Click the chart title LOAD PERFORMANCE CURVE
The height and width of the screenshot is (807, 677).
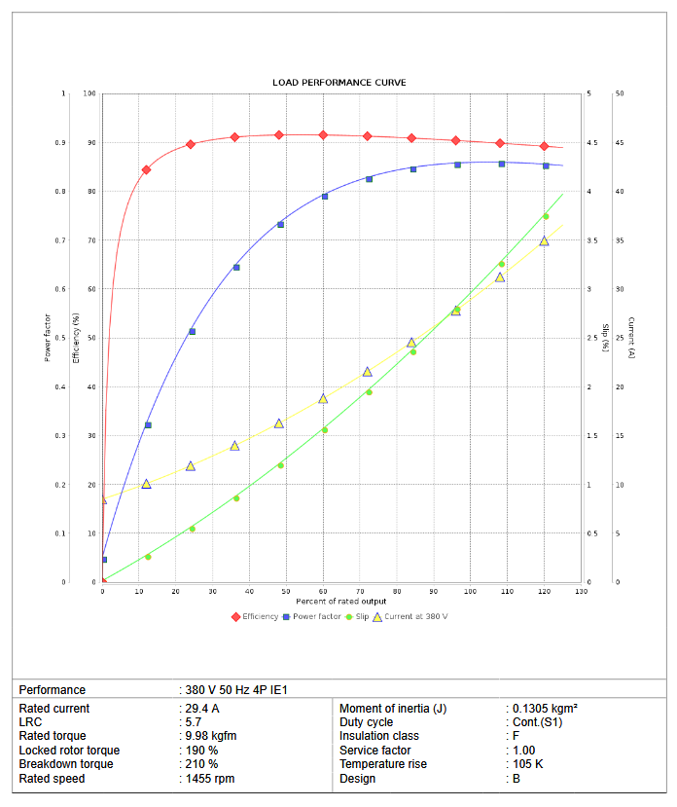[338, 83]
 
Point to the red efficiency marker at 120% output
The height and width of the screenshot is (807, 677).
[545, 146]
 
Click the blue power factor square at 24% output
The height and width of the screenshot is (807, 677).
[192, 332]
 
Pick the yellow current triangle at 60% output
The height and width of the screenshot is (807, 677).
[323, 398]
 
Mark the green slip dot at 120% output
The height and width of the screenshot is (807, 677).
[546, 216]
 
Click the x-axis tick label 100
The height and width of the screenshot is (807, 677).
[470, 592]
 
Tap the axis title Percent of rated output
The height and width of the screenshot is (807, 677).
[341, 602]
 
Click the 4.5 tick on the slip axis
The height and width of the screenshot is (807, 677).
[588, 143]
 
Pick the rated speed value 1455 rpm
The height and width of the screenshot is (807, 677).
[209, 779]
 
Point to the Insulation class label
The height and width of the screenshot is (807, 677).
[379, 736]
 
